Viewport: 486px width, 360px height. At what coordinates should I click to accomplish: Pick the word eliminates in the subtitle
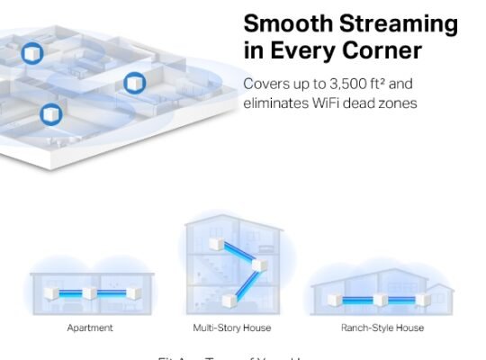point(274,103)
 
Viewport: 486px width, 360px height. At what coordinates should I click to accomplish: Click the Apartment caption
point(90,328)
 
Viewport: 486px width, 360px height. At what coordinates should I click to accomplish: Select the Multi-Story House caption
point(231,328)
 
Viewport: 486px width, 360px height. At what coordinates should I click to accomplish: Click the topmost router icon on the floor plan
point(32,52)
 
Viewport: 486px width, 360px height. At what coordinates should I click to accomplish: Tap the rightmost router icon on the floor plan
point(134,84)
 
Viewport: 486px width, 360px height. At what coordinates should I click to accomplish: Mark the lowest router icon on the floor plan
point(50,114)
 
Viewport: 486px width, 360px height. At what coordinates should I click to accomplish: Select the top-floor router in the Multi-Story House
point(216,245)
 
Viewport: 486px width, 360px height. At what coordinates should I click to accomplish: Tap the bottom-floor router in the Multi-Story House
point(226,300)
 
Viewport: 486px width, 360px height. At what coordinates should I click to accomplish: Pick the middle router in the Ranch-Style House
point(381,299)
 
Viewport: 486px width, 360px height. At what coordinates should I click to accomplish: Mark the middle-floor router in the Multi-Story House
point(260,266)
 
